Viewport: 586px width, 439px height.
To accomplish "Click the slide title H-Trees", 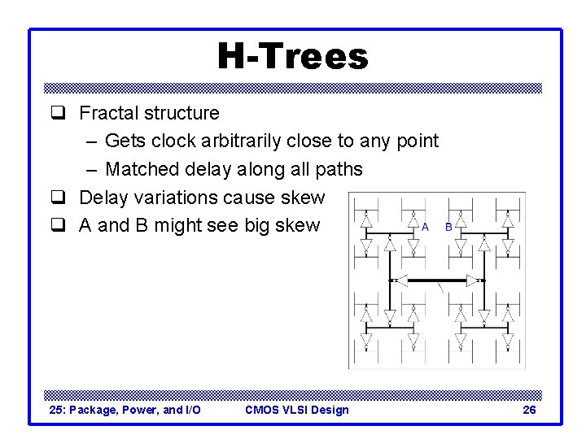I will pos(292,57).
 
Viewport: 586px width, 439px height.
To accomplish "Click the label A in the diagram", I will pos(425,228).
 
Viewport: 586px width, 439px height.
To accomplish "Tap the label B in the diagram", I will pos(448,228).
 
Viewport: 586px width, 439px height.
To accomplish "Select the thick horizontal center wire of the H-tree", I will pos(436,280).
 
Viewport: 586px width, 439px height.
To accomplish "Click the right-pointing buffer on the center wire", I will pos(471,280).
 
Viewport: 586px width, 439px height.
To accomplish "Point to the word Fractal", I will pos(109,113).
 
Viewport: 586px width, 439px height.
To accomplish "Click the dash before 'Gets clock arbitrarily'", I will pos(90,141).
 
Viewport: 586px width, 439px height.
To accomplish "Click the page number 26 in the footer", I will pos(529,410).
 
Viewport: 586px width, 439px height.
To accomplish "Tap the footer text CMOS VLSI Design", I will pos(296,410).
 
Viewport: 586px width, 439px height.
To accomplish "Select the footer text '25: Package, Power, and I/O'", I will pos(125,410).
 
